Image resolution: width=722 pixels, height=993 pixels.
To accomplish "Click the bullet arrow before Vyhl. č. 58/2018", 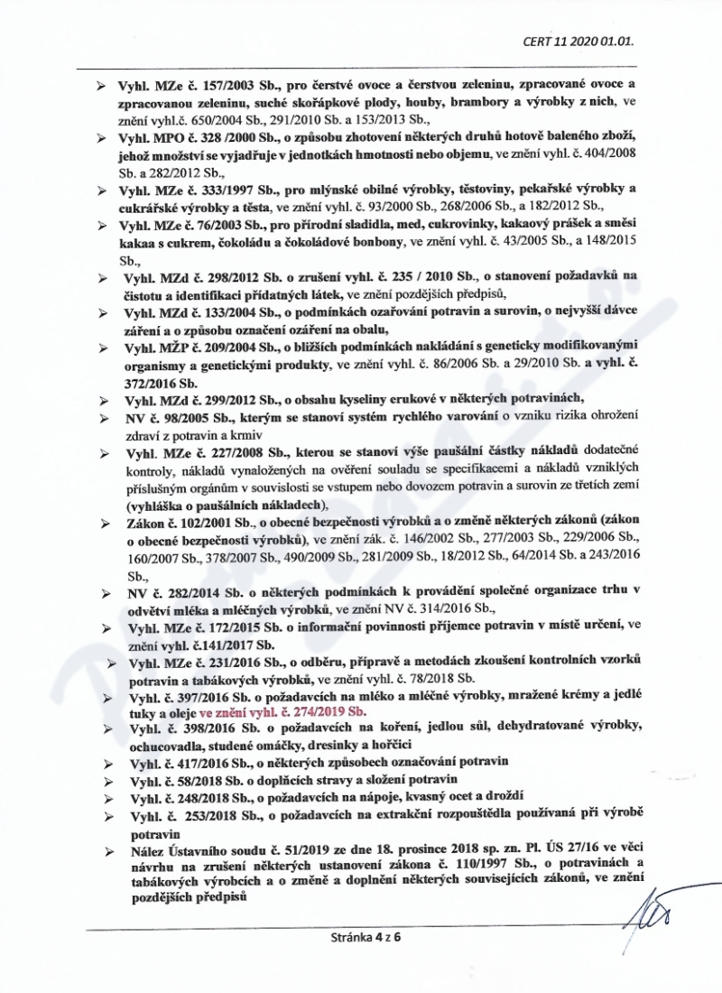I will [106, 779].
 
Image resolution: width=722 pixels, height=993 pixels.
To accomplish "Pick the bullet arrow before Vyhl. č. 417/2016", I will [106, 762].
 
